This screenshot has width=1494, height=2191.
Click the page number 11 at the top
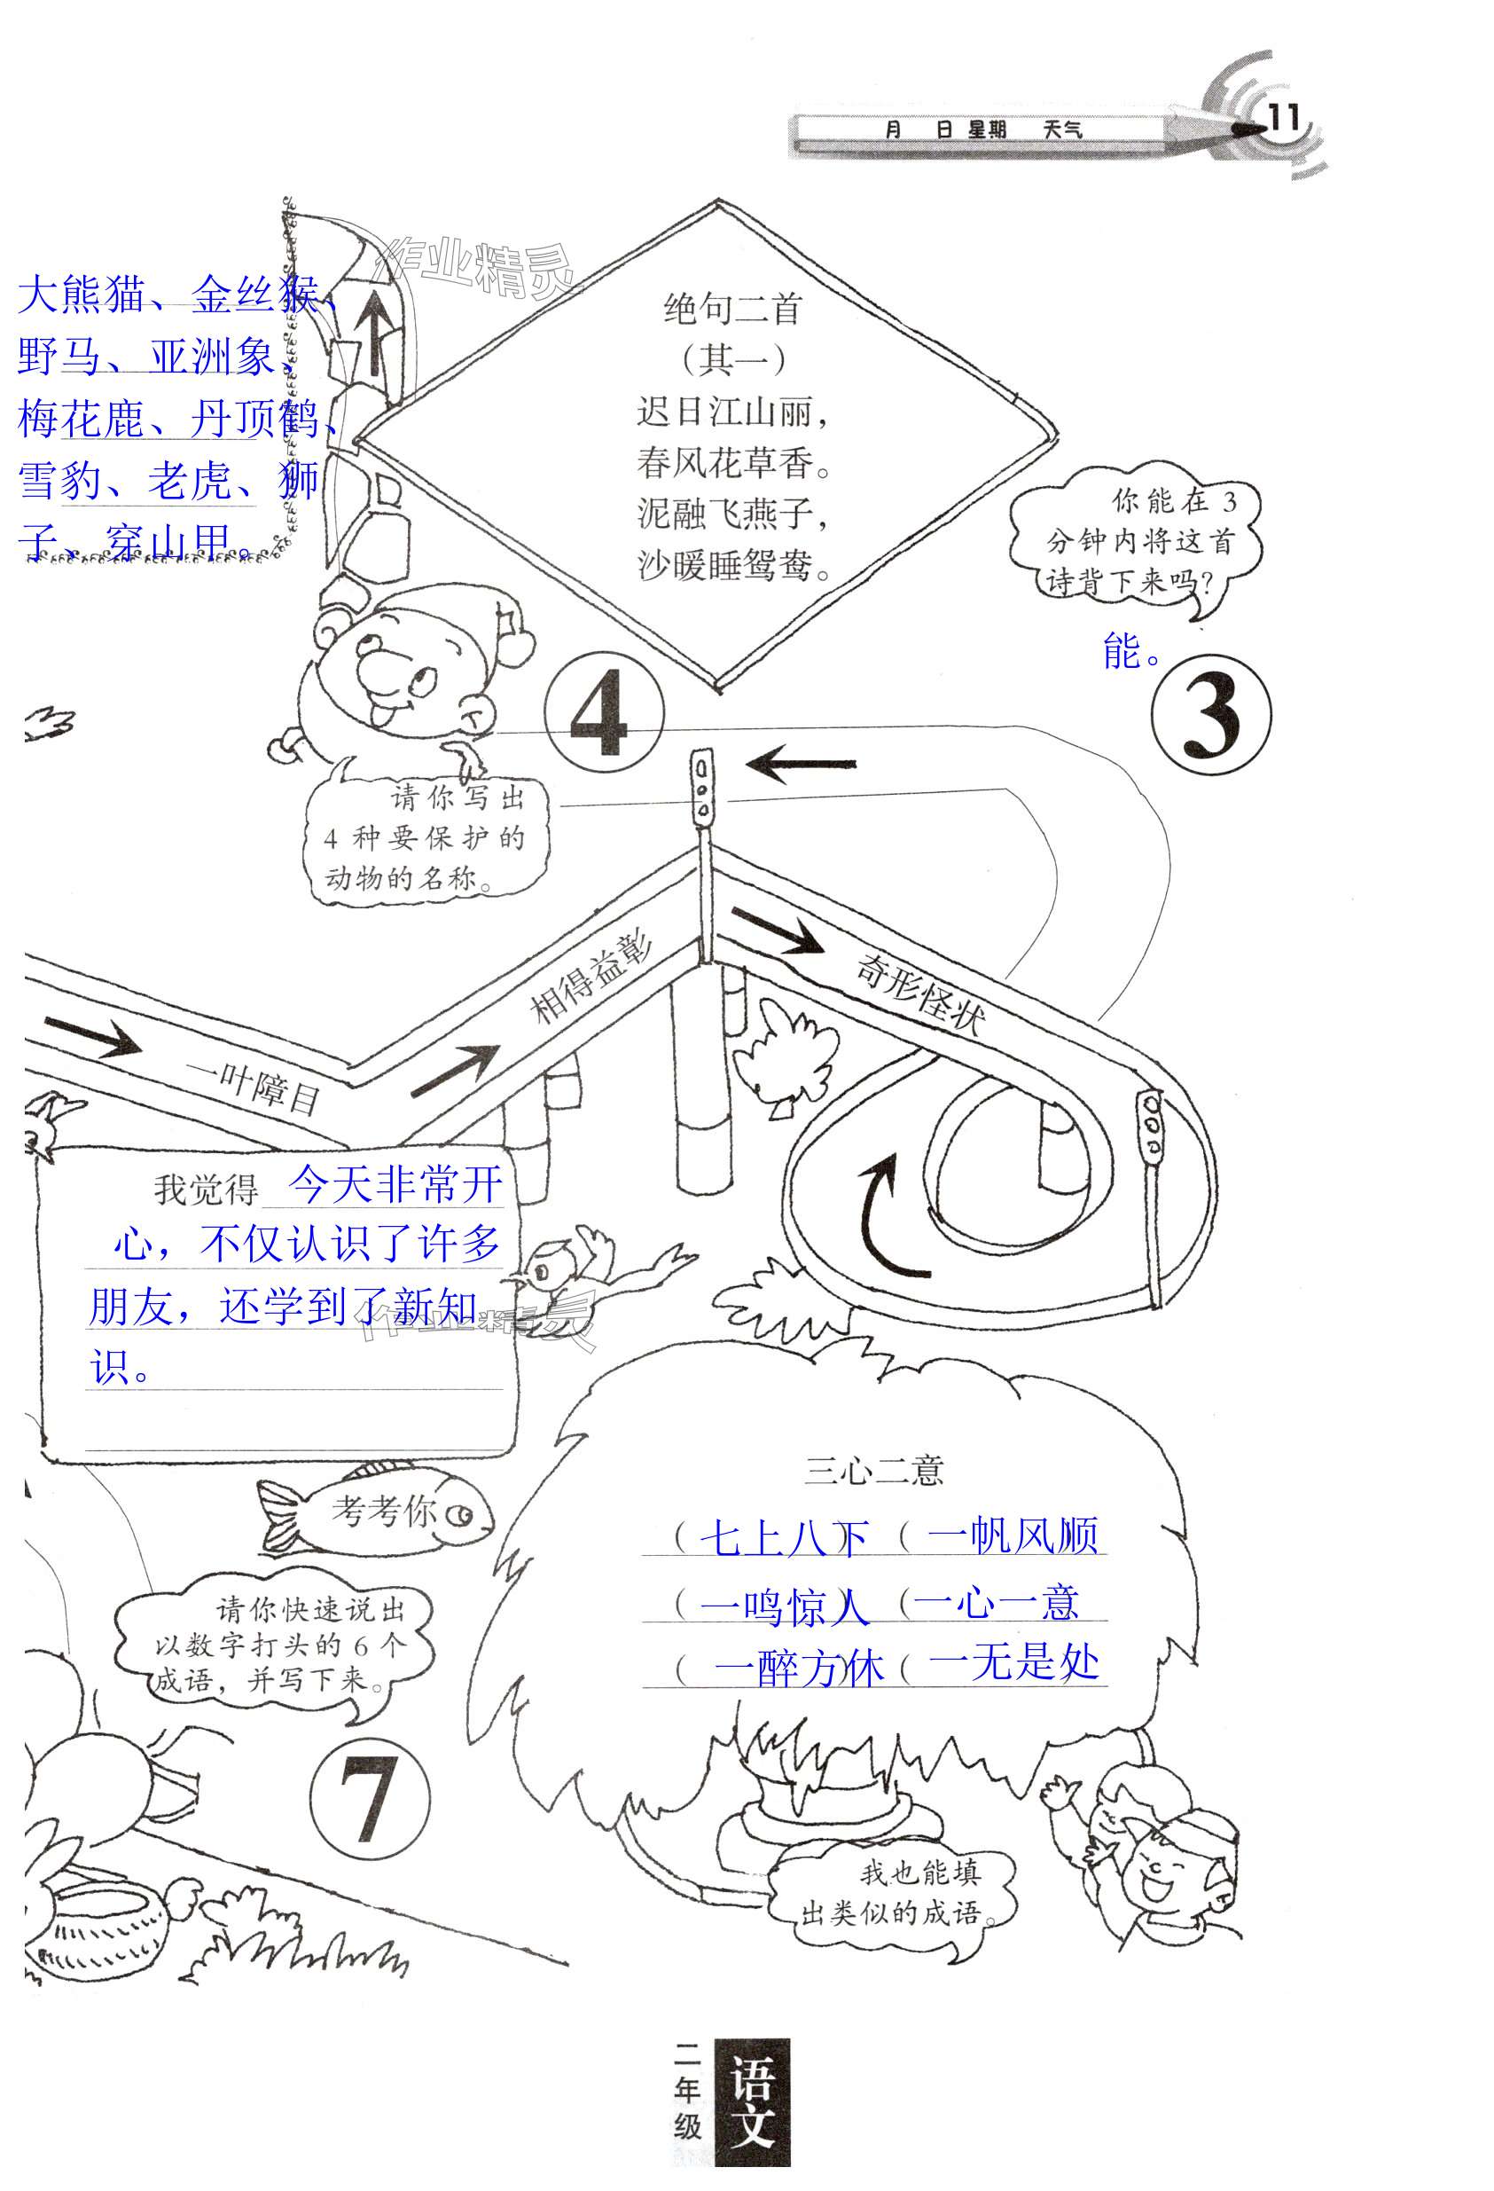tap(1284, 119)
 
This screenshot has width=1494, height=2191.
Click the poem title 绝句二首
tap(731, 309)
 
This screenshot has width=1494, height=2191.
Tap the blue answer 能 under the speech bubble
tap(1122, 651)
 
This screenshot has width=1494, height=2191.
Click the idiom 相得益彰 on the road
tap(592, 979)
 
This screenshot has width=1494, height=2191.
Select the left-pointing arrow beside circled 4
tap(802, 765)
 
